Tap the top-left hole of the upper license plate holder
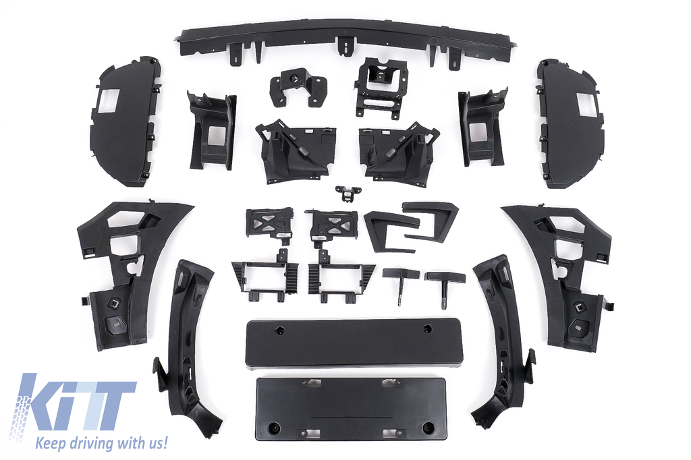pos(279,330)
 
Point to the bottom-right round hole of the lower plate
pos(427,427)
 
